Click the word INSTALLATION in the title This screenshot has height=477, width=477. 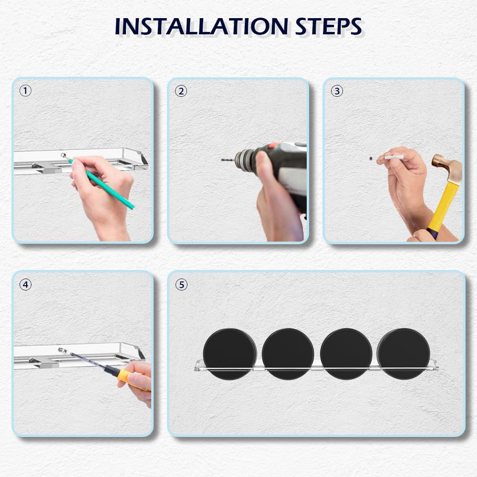click(x=201, y=26)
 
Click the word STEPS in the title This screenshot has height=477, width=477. click(x=329, y=26)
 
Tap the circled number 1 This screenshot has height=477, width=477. click(x=25, y=91)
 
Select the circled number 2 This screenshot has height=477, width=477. click(x=181, y=91)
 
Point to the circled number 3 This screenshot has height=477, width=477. click(x=337, y=91)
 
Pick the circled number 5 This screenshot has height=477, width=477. click(x=181, y=285)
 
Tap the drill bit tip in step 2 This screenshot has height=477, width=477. click(x=222, y=159)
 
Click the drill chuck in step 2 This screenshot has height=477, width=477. click(x=245, y=159)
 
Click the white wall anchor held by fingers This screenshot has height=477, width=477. click(x=394, y=157)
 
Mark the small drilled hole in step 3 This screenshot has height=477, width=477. click(x=371, y=158)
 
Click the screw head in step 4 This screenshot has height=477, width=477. click(x=63, y=351)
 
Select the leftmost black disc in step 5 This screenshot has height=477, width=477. click(x=230, y=354)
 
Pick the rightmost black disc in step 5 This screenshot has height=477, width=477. click(x=404, y=354)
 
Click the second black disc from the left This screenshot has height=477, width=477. click(x=288, y=354)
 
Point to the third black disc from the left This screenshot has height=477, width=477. click(x=346, y=354)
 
